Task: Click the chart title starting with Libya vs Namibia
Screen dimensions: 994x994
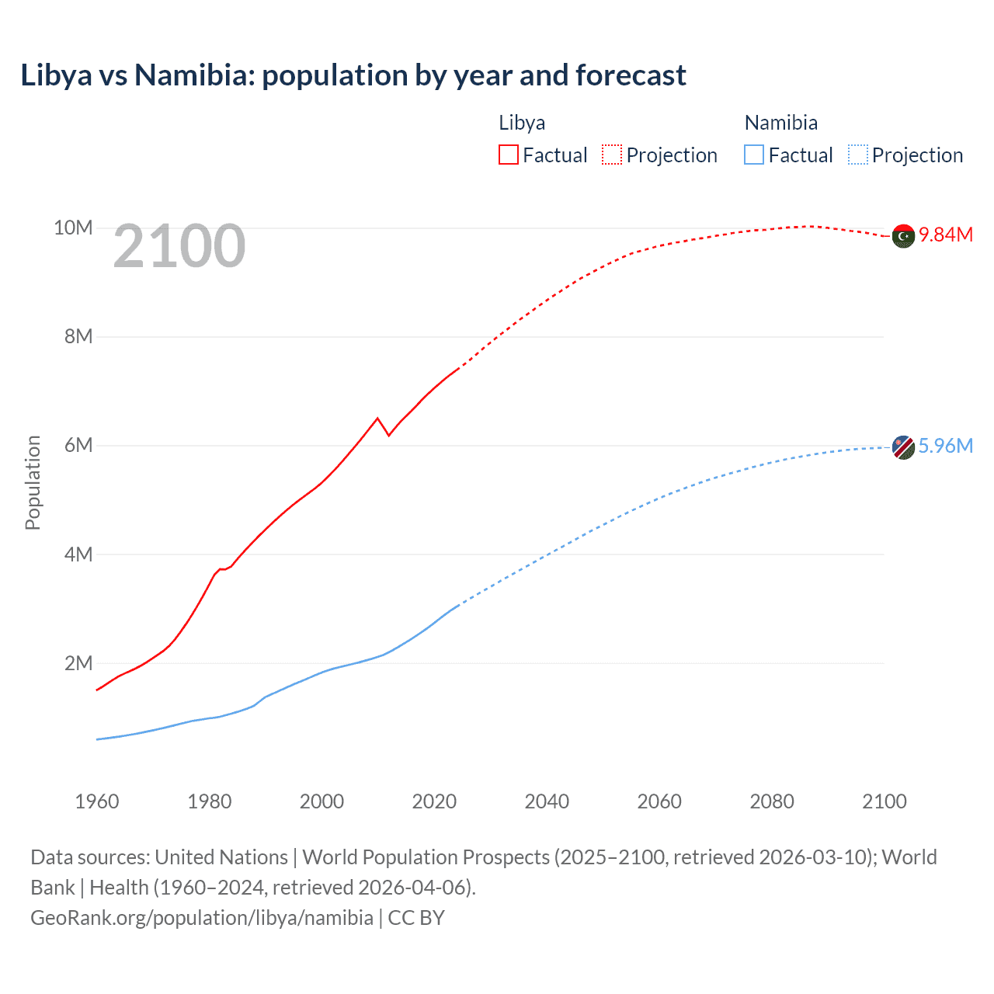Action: click(353, 75)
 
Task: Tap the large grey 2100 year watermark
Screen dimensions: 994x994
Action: click(179, 246)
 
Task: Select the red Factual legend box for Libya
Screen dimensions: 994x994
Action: click(508, 155)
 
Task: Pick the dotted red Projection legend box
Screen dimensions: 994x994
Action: click(612, 155)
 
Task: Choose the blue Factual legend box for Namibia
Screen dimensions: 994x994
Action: click(753, 155)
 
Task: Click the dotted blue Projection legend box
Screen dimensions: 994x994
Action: click(857, 155)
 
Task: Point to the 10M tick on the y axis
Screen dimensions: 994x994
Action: click(73, 228)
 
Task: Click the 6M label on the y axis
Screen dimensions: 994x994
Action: click(78, 445)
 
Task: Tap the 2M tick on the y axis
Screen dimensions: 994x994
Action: click(78, 663)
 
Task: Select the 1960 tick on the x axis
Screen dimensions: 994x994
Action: click(97, 801)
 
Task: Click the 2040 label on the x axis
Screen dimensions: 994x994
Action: click(547, 801)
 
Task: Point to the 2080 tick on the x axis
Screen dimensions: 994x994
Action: click(772, 801)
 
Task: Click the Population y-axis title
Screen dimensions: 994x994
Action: click(33, 482)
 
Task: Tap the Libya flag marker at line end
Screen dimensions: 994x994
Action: click(903, 236)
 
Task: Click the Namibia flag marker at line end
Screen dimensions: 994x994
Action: click(903, 447)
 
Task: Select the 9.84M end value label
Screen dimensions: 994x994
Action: click(946, 235)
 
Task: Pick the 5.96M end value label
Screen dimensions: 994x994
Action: click(946, 446)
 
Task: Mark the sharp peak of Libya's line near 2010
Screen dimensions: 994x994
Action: click(377, 419)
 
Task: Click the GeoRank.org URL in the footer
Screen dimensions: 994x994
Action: click(202, 917)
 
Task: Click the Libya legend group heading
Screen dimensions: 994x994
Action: click(522, 123)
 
